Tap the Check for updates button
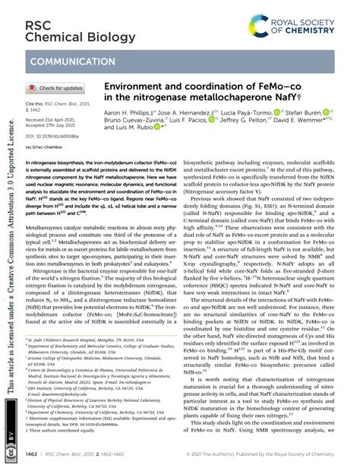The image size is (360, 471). (x=62, y=88)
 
